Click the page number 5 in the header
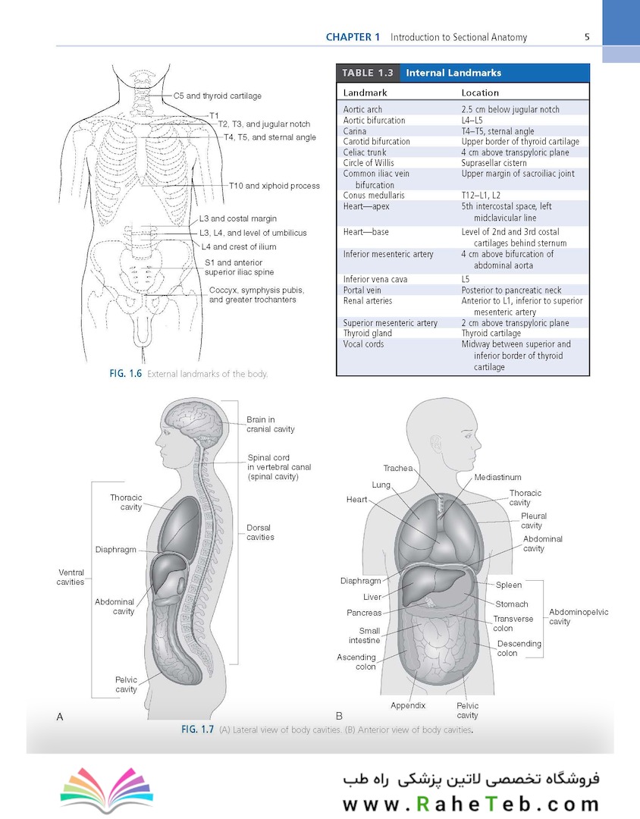(x=587, y=37)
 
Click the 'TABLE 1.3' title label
(x=368, y=73)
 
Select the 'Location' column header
(x=480, y=93)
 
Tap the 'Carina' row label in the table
(x=355, y=131)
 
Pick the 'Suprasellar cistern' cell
(x=494, y=163)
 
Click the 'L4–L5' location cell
(x=472, y=120)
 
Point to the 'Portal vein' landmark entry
(x=362, y=290)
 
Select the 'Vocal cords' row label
(x=364, y=344)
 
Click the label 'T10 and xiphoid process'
(x=275, y=186)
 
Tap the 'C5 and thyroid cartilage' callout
(x=218, y=96)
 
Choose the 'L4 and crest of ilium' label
(x=240, y=247)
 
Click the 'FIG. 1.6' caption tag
(x=125, y=374)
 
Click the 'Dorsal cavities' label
(x=260, y=532)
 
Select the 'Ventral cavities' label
(x=71, y=577)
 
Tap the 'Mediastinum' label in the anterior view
(x=497, y=478)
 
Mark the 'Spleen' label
(x=508, y=585)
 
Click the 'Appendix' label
(x=408, y=706)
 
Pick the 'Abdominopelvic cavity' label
(x=579, y=617)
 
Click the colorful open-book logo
(x=107, y=789)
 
